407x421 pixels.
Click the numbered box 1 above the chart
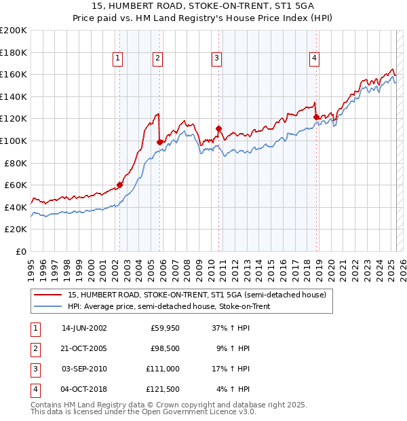(118, 59)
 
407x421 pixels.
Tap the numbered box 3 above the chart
(216, 59)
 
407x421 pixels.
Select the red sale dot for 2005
(160, 142)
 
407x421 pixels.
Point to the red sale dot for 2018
(316, 117)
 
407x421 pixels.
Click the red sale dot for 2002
(119, 185)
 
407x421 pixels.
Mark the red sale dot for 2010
(218, 128)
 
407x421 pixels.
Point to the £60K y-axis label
(16, 185)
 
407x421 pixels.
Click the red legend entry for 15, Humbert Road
(197, 295)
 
